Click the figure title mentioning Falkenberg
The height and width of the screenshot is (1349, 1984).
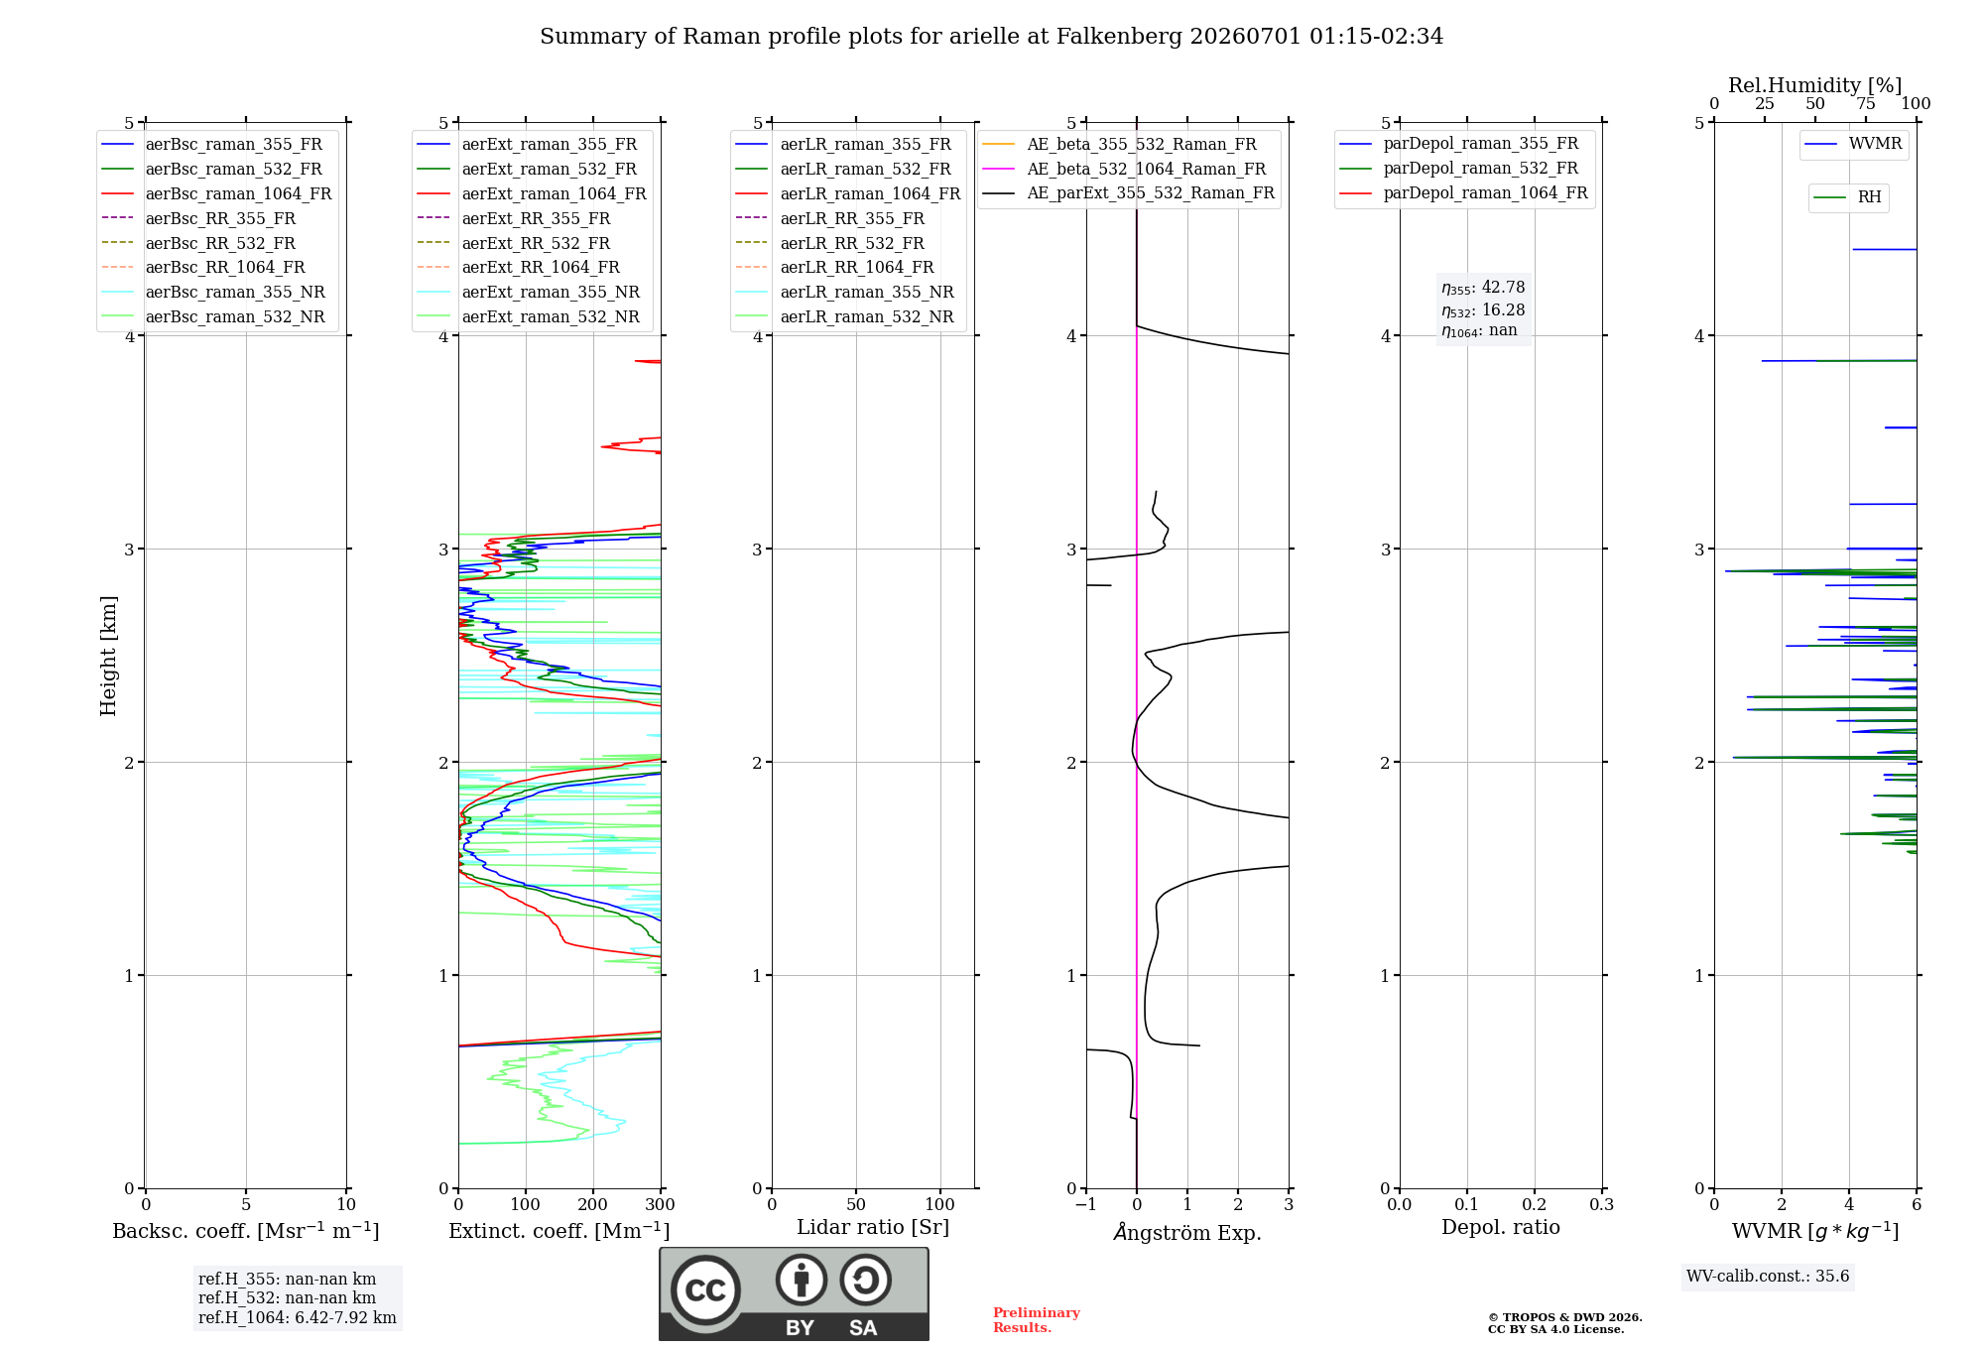pos(991,37)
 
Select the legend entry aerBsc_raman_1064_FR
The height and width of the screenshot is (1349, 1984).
pos(216,193)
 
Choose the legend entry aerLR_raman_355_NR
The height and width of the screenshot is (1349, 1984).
pos(844,292)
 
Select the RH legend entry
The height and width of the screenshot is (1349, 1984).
pos(1848,197)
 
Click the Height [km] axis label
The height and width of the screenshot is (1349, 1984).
pos(108,656)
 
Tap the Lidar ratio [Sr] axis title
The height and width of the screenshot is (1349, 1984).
pos(873,1227)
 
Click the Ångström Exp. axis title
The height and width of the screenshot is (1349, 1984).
pos(1187,1232)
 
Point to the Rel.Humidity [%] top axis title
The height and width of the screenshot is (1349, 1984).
pos(1815,85)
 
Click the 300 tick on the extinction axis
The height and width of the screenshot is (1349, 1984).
pos(661,1204)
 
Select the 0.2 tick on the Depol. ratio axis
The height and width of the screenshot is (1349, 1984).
pos(1535,1204)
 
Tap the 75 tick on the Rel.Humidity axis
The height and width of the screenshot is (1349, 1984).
pos(1866,103)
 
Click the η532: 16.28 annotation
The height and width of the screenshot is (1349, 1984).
pos(1483,309)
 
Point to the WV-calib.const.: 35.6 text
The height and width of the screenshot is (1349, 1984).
pos(1768,1276)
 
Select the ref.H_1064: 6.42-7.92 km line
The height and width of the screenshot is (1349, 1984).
pos(298,1317)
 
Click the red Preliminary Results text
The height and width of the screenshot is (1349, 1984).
pos(1037,1320)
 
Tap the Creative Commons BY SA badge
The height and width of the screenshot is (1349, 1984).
pos(794,1294)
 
